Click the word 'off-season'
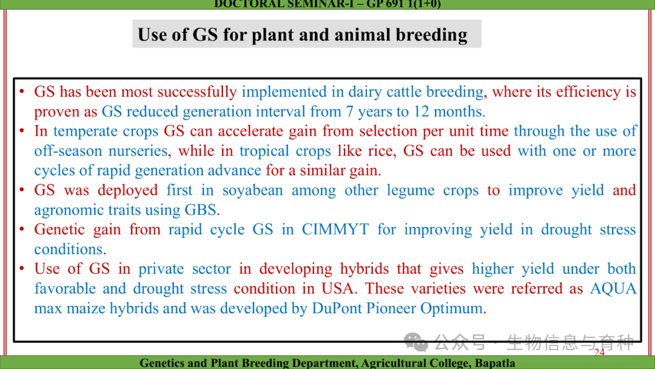tap(68, 151)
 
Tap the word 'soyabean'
tap(252, 191)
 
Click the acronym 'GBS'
tap(201, 210)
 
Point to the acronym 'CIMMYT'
tap(335, 229)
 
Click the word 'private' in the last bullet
tap(161, 269)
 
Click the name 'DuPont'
tap(337, 308)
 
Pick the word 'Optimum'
tap(451, 308)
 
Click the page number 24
tap(599, 352)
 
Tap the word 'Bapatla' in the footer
tap(495, 363)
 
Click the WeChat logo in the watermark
tap(415, 342)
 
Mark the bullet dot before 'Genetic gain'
tap(22, 229)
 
